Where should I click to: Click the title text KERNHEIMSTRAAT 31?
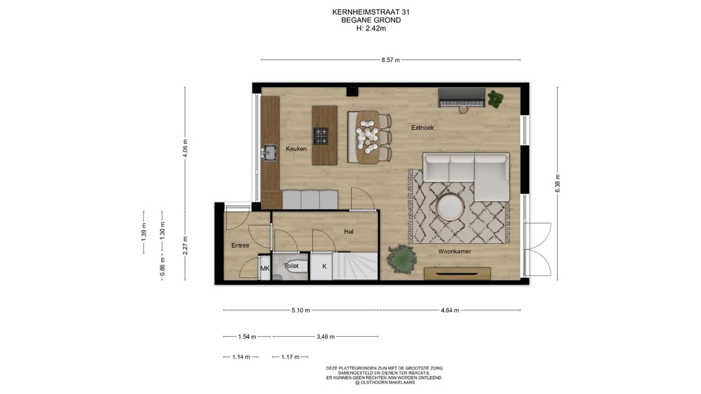coord(371,12)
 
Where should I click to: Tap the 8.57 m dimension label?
coord(390,60)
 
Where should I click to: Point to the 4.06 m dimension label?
coord(185,149)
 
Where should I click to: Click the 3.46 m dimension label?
coord(325,337)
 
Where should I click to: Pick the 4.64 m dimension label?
coord(449,310)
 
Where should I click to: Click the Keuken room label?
coord(296,149)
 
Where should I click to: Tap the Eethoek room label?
coord(422,128)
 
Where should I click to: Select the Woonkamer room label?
coord(454,251)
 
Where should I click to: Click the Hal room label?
coord(348,231)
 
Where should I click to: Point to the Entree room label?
coord(240,245)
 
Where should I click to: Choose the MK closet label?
coord(264,267)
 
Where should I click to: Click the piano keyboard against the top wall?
coord(461,98)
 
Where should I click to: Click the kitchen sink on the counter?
coord(269,153)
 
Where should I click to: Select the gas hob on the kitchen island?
coord(321,136)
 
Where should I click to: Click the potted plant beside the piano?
coord(495,99)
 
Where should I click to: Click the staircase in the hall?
coord(356,266)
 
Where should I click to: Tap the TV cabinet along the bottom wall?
coord(457,273)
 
